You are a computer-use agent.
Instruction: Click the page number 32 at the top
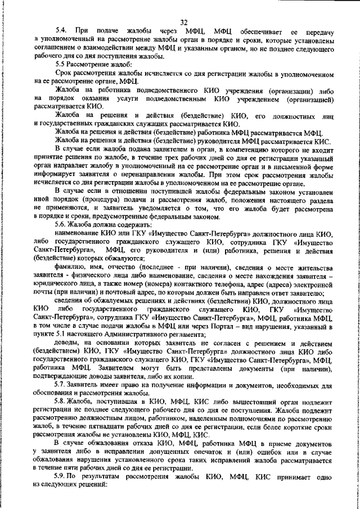coord(183,22)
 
